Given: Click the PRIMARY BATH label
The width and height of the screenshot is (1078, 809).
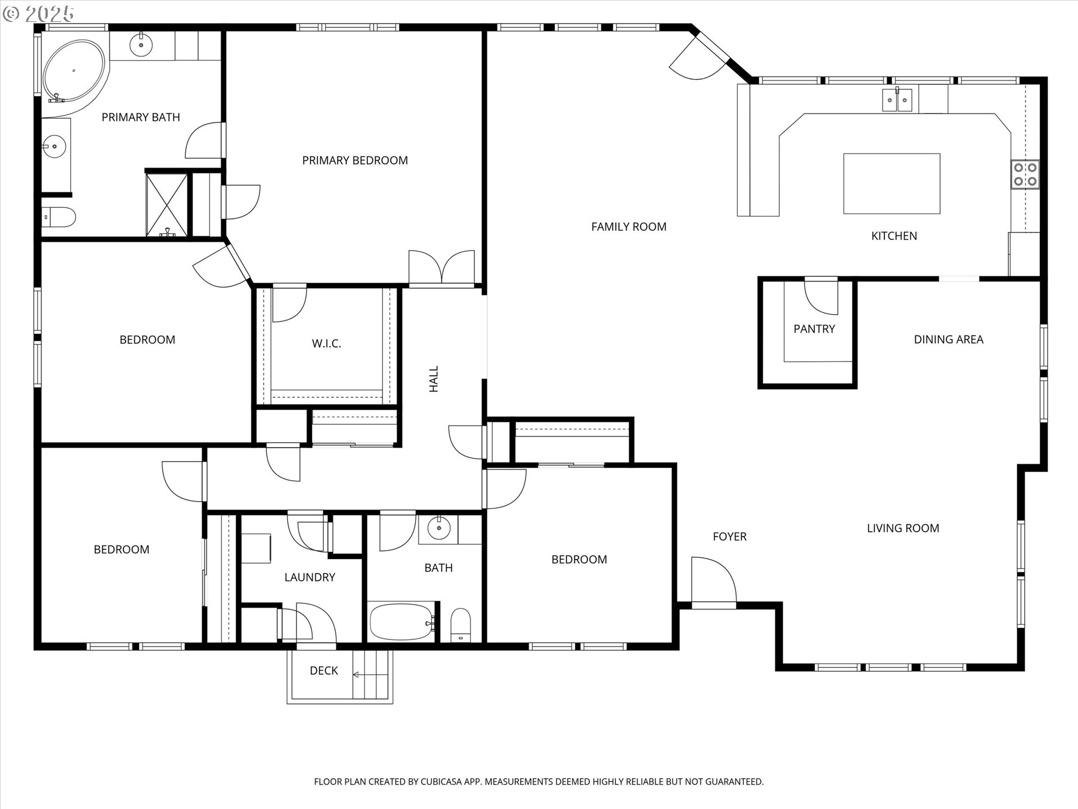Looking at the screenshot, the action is click(140, 117).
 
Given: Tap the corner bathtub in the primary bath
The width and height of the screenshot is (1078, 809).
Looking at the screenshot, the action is click(74, 71).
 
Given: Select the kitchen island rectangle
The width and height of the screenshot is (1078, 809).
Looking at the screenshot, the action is click(892, 184).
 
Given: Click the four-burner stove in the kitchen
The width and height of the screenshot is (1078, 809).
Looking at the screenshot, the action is click(1025, 174).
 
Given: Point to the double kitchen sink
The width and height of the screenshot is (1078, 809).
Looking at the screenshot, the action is click(897, 99).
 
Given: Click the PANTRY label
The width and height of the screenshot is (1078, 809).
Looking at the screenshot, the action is click(814, 329).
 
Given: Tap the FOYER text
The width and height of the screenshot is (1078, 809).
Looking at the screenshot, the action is click(729, 537).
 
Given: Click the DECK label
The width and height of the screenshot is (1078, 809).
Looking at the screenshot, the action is click(324, 670).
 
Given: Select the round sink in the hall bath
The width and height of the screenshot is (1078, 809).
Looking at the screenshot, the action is click(438, 528).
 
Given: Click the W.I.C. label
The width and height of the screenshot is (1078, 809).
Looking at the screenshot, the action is click(326, 343).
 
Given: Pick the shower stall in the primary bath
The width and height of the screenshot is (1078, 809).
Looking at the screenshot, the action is click(167, 205).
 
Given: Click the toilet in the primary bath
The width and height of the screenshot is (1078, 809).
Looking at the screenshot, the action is click(58, 217).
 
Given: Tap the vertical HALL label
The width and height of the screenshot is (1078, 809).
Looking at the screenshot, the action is click(434, 379).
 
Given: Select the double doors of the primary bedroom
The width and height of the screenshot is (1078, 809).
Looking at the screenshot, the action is click(442, 267).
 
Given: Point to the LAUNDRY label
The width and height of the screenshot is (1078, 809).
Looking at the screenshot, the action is click(309, 577).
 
